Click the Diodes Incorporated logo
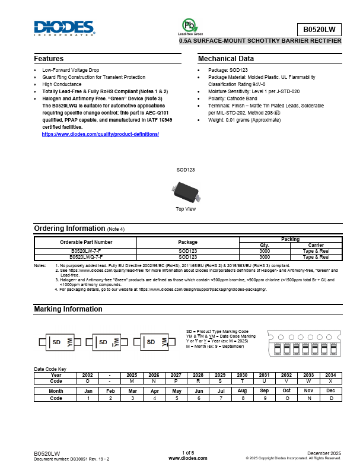pos(64,28)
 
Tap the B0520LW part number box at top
pos(320,28)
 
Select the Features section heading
pos(49,59)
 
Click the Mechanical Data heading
pos(225,59)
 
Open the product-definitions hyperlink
pos(100,134)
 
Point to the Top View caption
pos(186,209)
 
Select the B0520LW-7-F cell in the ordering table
pos(86,251)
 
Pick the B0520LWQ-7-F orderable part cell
pos(86,257)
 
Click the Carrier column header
pos(316,245)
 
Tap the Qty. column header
pos(265,245)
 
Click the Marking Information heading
pos(68,309)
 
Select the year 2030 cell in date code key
pos(243,375)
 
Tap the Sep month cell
pos(264,391)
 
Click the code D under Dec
pos(330,398)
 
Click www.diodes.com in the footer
pos(187,459)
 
